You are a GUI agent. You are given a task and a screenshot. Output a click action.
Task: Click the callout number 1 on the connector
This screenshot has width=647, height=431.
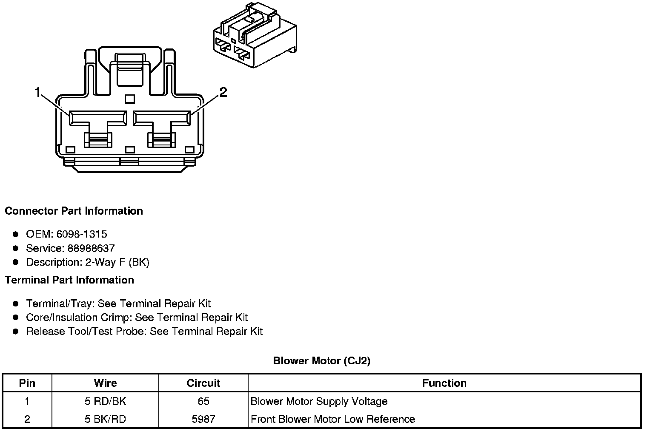37,92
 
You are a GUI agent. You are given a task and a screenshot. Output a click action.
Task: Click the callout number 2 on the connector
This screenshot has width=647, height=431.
223,92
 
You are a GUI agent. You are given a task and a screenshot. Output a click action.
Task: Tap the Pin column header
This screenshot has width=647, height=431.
27,383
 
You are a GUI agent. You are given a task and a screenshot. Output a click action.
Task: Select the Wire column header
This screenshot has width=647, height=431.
105,383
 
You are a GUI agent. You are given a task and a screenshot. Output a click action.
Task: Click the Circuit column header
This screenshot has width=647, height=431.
203,383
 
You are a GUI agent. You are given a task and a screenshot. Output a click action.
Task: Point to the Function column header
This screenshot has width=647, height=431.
444,383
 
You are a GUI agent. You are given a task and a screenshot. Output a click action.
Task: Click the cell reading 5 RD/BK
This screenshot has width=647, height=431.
105,401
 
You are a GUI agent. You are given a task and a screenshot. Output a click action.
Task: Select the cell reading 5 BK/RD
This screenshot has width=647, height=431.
105,419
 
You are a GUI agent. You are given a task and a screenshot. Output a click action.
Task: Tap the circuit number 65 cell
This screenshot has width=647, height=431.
203,401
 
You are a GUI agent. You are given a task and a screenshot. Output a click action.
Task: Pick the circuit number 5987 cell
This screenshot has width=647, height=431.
203,419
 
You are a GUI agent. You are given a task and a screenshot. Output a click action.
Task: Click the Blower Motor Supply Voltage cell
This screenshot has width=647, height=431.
319,401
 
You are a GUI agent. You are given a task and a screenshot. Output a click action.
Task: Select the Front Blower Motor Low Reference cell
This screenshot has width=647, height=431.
333,419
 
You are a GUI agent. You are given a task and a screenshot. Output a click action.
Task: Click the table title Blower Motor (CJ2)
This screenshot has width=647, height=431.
322,361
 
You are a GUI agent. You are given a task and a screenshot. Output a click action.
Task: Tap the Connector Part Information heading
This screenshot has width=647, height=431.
74,211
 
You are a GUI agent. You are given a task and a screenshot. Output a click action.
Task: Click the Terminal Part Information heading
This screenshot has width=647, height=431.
69,280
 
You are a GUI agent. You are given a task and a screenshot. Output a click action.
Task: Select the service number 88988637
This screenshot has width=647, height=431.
91,248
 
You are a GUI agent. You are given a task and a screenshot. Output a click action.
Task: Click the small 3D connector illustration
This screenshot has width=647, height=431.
255,35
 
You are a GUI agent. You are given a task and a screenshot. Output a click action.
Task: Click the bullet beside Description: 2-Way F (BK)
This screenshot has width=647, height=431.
16,262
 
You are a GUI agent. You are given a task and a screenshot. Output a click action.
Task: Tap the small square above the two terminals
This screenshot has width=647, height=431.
130,99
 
